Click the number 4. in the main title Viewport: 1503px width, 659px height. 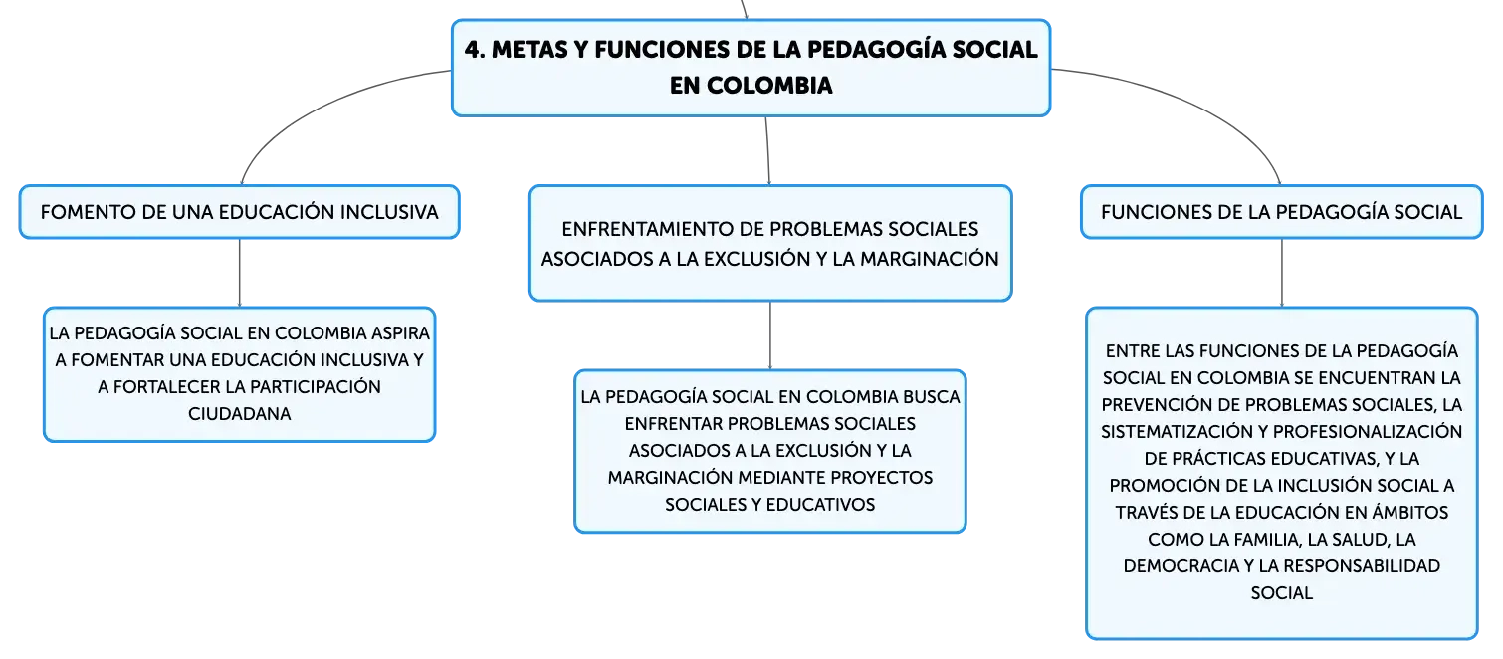pyautogui.click(x=474, y=50)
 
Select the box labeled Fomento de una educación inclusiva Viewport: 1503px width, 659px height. pyautogui.click(x=239, y=212)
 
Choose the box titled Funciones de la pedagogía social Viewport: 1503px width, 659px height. pyautogui.click(x=1281, y=212)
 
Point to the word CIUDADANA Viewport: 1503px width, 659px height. pyautogui.click(x=239, y=414)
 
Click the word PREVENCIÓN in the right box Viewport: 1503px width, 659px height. pyautogui.click(x=1151, y=405)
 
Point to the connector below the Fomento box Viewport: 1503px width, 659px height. pyautogui.click(x=238, y=272)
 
